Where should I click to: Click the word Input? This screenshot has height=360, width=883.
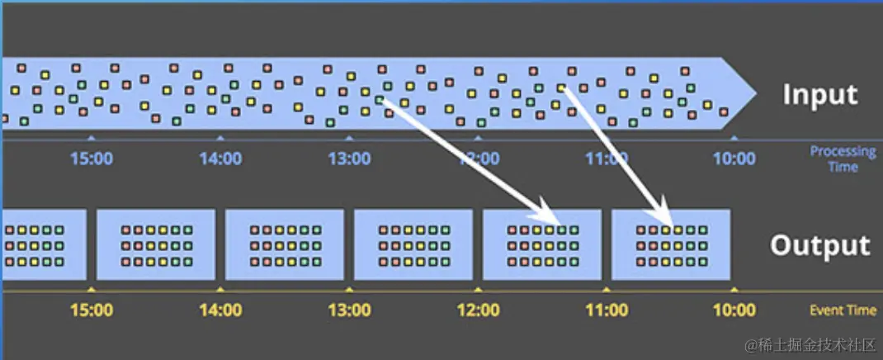[819, 95]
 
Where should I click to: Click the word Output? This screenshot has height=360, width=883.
[819, 245]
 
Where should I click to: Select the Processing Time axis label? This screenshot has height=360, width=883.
[843, 159]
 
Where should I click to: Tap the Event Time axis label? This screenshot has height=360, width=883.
[843, 310]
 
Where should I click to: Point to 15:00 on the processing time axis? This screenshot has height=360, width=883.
[92, 158]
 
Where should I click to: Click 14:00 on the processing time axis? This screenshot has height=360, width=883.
[220, 158]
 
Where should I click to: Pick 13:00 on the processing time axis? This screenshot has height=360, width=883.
[349, 158]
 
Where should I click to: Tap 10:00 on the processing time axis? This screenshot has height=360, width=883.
[734, 158]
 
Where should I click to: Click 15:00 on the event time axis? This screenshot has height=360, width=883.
[92, 310]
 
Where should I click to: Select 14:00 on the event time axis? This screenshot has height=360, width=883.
[220, 310]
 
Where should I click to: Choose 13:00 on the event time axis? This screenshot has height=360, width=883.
[349, 310]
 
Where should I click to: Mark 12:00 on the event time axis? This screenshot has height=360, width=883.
[478, 310]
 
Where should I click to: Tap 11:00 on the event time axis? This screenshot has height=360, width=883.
[607, 310]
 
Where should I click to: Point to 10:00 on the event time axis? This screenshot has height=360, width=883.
[734, 310]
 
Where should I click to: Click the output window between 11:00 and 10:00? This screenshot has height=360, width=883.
[671, 244]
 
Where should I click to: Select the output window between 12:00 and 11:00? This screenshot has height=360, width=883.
[542, 244]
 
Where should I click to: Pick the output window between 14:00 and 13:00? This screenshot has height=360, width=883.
[285, 244]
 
